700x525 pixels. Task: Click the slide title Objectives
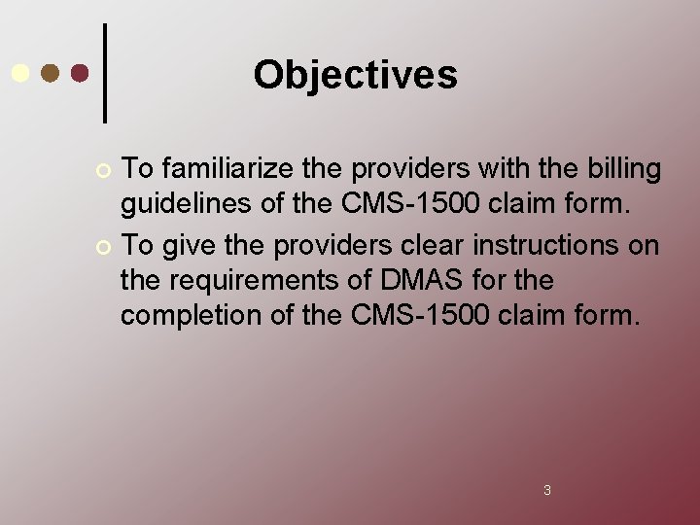(x=355, y=75)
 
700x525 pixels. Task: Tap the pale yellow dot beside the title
(x=19, y=73)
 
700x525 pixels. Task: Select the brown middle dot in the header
(x=51, y=73)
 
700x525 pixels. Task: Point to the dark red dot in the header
(x=81, y=73)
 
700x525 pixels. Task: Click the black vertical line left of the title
(x=105, y=73)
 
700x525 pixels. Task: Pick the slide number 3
(x=546, y=490)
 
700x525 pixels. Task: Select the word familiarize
(x=218, y=169)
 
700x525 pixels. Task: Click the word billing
(x=622, y=169)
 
